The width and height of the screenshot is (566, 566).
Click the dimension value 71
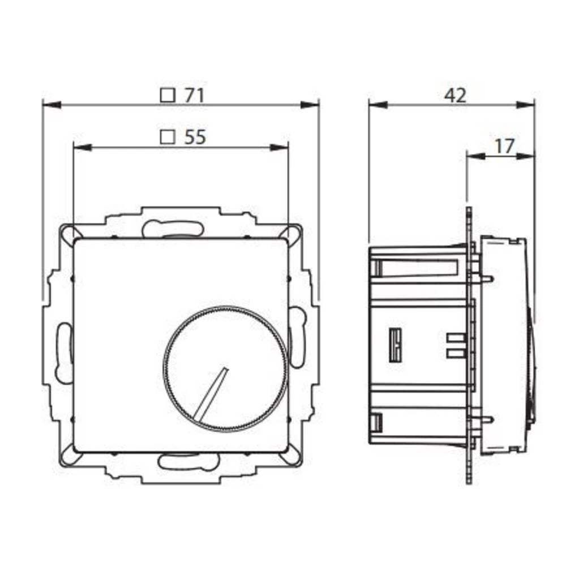[x=193, y=96]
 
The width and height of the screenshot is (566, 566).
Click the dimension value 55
[x=194, y=137]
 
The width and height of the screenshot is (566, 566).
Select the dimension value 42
[x=454, y=96]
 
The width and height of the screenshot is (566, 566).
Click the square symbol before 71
[x=167, y=95]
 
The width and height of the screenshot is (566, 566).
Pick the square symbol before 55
[x=167, y=137]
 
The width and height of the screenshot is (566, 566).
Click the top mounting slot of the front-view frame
[x=173, y=229]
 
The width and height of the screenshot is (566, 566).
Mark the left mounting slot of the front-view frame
[x=64, y=351]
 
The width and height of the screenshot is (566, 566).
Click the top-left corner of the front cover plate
[x=76, y=239]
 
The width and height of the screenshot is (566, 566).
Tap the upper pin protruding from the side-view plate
[x=487, y=278]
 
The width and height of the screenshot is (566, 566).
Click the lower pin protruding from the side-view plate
[x=487, y=419]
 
